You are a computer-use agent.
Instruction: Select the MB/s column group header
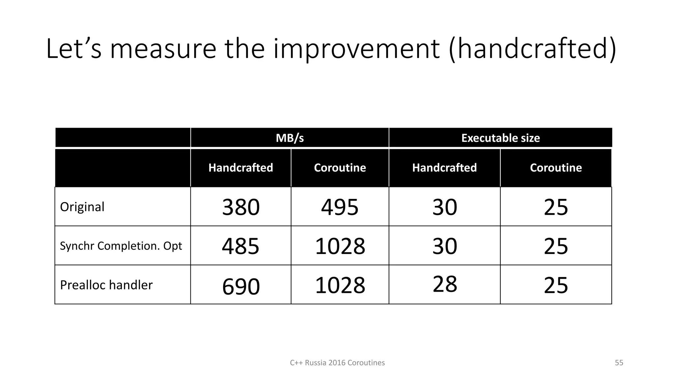point(290,138)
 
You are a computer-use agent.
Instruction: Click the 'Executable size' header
point(500,138)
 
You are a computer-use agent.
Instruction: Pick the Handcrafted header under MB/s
point(241,168)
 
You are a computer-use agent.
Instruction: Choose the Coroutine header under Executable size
point(556,168)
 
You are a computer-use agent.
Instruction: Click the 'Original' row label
point(82,207)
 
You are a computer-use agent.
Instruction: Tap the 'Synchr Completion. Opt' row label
point(121,246)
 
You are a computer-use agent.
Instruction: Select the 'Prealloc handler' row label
point(106,285)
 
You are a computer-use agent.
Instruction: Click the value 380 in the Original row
point(241,207)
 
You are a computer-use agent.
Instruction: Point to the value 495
point(340,207)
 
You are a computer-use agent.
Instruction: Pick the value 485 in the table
point(241,246)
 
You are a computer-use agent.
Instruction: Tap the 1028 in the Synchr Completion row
point(340,246)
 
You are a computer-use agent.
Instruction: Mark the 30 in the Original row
point(445,207)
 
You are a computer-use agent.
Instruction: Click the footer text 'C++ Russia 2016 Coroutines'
point(337,363)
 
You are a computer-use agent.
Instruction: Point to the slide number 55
point(619,363)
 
